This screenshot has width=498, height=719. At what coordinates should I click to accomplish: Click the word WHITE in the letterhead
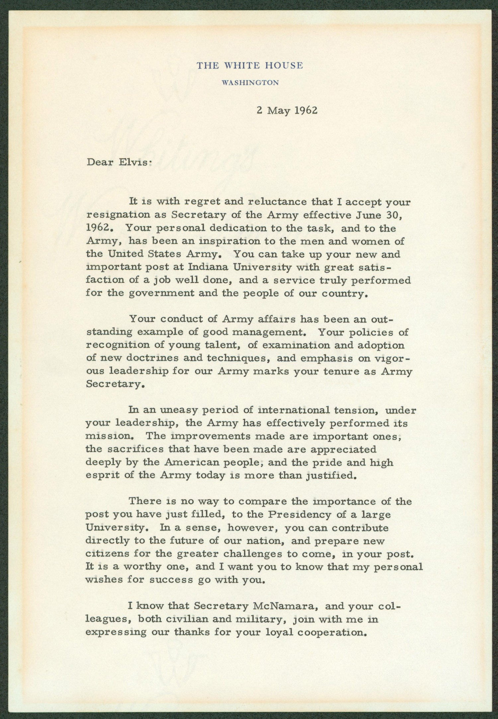point(238,65)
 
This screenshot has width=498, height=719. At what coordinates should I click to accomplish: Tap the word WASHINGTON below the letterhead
point(250,83)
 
